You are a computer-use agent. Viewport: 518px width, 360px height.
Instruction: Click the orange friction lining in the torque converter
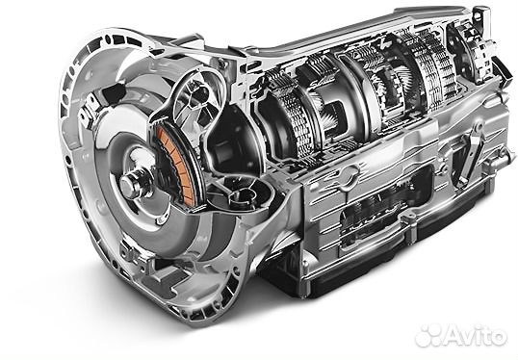(x=175, y=166)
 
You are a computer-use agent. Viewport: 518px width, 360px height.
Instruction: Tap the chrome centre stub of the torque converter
(x=132, y=183)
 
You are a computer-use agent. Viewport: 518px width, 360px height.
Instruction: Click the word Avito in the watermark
(x=476, y=335)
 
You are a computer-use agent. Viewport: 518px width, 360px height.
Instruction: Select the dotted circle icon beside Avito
(x=428, y=335)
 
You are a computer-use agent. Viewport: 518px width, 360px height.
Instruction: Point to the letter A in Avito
(x=454, y=335)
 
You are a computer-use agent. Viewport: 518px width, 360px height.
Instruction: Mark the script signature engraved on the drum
(x=318, y=82)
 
